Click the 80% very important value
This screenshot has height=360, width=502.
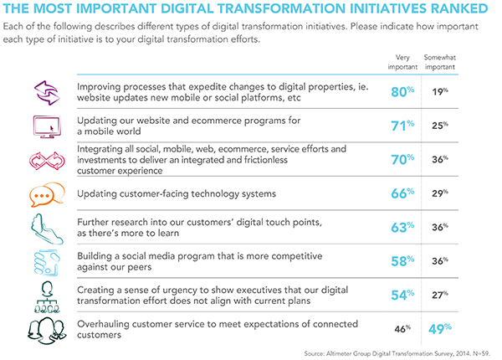[402, 92]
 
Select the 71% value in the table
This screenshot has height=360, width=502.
[402, 126]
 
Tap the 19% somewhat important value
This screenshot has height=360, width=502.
[440, 92]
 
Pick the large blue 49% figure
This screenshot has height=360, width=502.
[440, 329]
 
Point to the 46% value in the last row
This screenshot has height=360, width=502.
[402, 329]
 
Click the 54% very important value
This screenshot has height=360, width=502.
[402, 295]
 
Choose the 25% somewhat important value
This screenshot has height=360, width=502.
[440, 126]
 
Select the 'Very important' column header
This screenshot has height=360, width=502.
[402, 62]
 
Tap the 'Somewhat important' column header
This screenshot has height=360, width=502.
[440, 62]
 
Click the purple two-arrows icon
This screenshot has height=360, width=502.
[47, 93]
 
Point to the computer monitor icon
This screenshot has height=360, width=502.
[47, 126]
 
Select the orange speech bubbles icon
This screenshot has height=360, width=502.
[47, 194]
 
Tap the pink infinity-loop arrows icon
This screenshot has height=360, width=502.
[47, 161]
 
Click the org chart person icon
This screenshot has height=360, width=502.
[47, 297]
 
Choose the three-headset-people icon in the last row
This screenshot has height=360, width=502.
[47, 331]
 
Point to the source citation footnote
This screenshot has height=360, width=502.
[397, 353]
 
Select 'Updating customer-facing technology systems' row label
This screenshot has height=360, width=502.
[177, 194]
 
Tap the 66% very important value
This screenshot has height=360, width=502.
[402, 193]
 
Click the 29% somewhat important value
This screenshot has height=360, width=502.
[440, 193]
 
